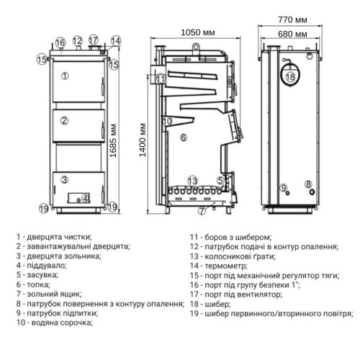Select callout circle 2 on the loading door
point(65,120)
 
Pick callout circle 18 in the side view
point(292,74)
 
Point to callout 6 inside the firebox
point(184,137)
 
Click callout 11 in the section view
point(161,78)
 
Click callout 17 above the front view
point(93,40)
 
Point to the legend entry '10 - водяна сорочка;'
point(52,325)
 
